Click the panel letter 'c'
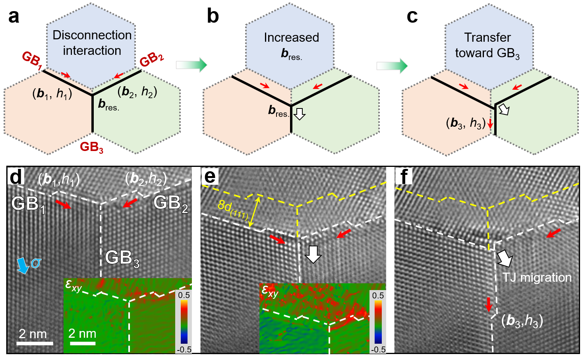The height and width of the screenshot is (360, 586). (412, 17)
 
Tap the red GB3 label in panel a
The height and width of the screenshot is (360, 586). (92, 147)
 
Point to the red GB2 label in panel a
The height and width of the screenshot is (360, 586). (152, 60)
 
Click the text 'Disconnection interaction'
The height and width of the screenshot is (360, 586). (92, 43)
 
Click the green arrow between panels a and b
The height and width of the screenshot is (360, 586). (191, 65)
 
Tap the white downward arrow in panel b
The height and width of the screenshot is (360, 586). (299, 114)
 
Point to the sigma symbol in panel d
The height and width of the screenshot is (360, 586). (36, 263)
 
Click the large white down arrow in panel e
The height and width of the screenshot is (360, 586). (313, 254)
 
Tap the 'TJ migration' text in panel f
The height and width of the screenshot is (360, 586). (537, 277)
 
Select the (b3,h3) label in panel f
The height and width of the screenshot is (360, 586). (522, 320)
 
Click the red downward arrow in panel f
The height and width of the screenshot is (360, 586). (489, 304)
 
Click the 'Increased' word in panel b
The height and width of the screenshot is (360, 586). (291, 37)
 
